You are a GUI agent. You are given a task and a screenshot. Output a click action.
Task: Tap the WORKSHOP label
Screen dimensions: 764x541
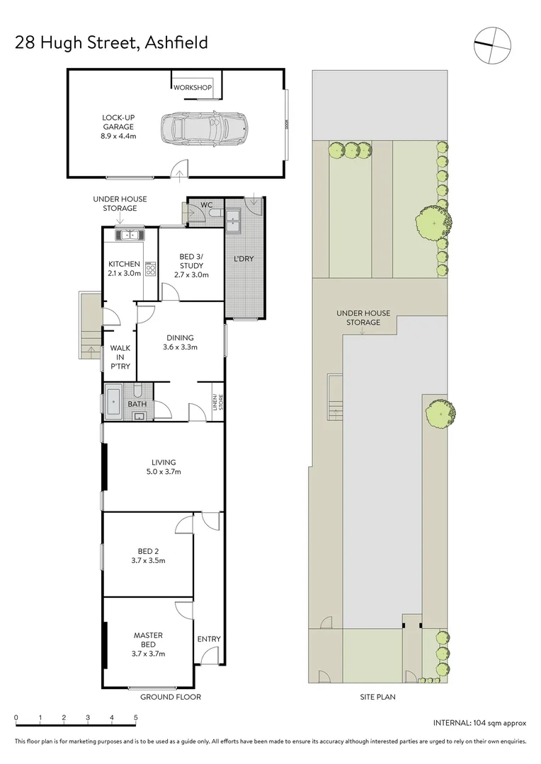click(193, 88)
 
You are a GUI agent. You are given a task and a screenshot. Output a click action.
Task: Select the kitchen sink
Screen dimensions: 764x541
click(129, 235)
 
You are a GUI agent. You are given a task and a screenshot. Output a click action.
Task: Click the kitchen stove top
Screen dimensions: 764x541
click(150, 268)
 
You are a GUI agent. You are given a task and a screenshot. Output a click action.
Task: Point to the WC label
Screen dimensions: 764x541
click(207, 205)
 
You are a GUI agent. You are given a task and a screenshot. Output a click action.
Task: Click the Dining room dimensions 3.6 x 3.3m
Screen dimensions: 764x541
click(180, 347)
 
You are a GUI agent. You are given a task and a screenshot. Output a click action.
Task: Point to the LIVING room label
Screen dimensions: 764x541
click(163, 463)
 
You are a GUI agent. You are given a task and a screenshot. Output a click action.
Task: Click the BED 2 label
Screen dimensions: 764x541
click(148, 552)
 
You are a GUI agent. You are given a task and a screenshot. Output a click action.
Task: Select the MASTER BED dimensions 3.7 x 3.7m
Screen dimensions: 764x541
click(149, 654)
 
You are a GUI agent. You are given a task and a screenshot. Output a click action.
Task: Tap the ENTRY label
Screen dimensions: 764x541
click(209, 639)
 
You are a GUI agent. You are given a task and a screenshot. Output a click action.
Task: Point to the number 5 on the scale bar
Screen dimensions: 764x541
click(135, 718)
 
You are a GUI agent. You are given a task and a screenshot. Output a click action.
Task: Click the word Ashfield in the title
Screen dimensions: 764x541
click(176, 42)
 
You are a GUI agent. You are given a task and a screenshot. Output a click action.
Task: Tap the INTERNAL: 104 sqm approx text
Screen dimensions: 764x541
click(479, 723)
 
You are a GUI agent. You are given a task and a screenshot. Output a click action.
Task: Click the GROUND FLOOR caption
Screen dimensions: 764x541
click(170, 697)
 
